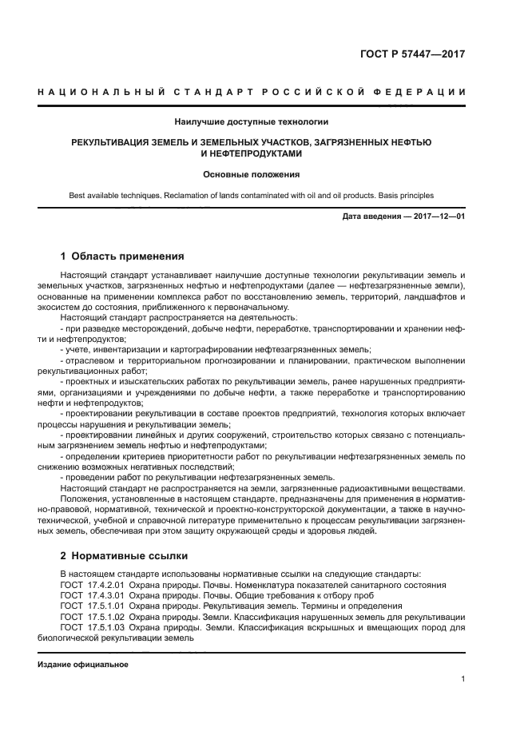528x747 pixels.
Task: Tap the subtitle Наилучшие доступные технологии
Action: click(252, 122)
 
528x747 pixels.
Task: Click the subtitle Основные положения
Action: click(252, 174)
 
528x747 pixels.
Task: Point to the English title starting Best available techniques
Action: click(252, 195)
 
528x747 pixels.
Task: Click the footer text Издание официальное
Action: click(82, 665)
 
